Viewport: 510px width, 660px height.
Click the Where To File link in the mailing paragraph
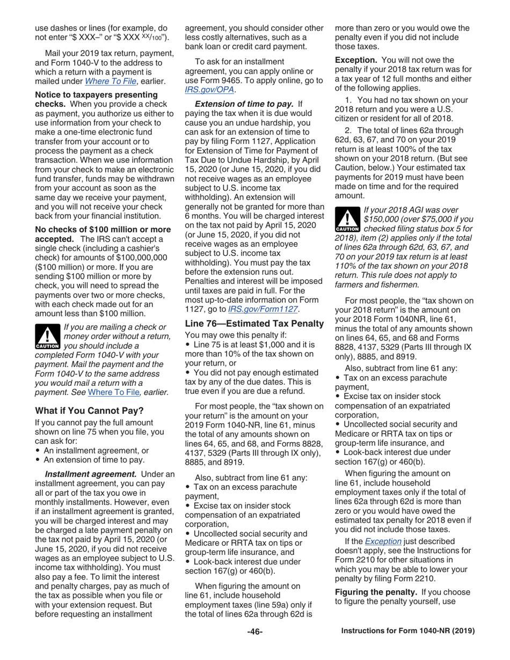coord(107,81)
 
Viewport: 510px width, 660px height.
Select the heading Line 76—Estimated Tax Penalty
coord(253,324)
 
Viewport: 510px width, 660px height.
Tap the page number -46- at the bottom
coord(254,632)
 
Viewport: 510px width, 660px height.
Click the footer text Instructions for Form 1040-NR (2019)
coord(408,632)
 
